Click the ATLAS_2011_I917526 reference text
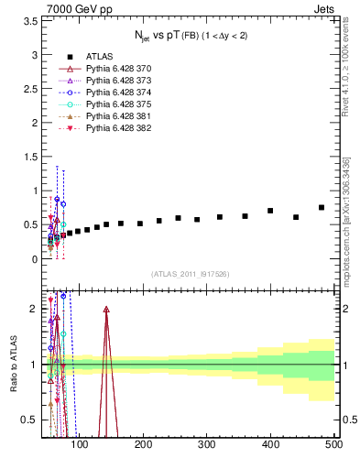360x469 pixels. (x=190, y=274)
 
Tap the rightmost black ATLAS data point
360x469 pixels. (x=322, y=208)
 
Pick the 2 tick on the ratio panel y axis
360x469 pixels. (x=35, y=309)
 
